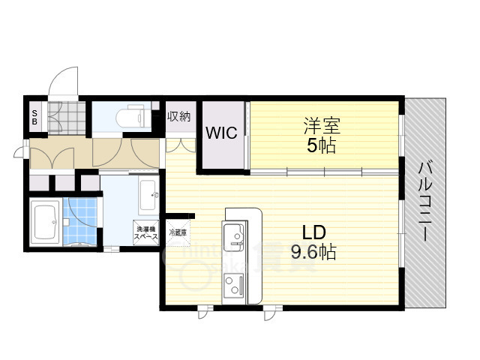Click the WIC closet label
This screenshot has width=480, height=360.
222,133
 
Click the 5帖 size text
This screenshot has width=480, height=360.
320,145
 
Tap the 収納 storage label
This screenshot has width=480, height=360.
178,117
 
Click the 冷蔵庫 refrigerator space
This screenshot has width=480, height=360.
178,233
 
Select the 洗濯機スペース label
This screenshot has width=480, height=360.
146,233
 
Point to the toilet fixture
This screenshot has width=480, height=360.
130,118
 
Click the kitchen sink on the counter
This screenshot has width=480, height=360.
235,234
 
